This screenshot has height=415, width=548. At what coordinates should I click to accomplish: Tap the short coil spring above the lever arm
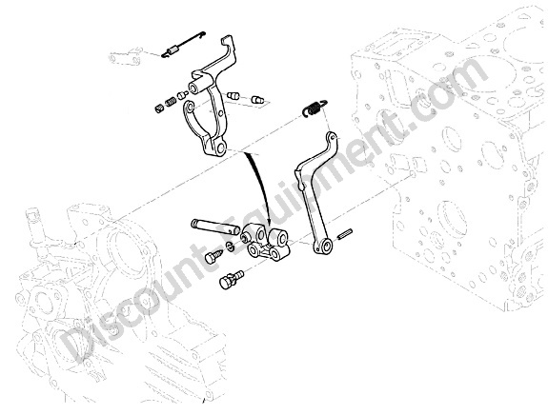pyautogui.click(x=315, y=108)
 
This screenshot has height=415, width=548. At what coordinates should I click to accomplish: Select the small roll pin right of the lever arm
pyautogui.click(x=346, y=234)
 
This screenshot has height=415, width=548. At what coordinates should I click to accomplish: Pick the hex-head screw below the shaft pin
pyautogui.click(x=213, y=257)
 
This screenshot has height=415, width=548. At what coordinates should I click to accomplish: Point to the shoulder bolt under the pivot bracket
pyautogui.click(x=231, y=279)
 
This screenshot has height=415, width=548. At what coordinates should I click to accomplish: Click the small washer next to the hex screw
pyautogui.click(x=230, y=247)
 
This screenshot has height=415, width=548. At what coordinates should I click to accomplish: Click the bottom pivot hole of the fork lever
pyautogui.click(x=220, y=148)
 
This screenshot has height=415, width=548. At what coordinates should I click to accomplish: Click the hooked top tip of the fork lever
pyautogui.click(x=227, y=38)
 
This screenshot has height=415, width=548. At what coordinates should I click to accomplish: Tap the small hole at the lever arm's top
pyautogui.click(x=332, y=138)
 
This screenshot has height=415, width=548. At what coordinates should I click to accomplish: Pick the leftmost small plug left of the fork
pyautogui.click(x=158, y=109)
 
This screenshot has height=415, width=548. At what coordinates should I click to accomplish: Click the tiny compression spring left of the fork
pyautogui.click(x=171, y=102)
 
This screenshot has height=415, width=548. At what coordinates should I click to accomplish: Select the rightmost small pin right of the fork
pyautogui.click(x=257, y=100)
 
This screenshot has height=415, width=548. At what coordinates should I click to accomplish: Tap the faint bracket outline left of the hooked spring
pyautogui.click(x=125, y=56)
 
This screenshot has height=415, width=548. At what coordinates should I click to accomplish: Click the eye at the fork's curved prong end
pyautogui.click(x=190, y=107)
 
